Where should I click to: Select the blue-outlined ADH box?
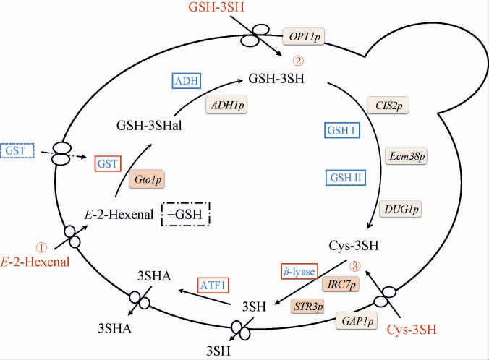tap(187, 80)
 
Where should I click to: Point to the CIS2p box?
tap(388, 105)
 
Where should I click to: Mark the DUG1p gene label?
tap(401, 208)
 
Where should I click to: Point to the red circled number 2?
tap(297, 60)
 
